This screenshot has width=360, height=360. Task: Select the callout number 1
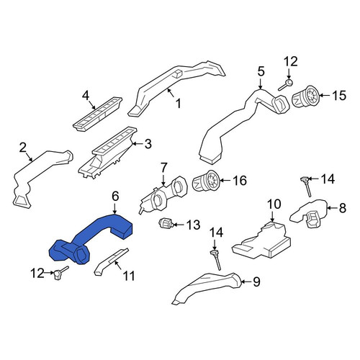point(178,104)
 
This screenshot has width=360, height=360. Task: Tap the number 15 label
point(339,96)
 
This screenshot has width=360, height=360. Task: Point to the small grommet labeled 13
point(165,223)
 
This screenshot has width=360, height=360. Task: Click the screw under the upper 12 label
point(285,86)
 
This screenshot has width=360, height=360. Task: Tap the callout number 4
point(86,96)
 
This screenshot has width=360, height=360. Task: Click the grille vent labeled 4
point(97,114)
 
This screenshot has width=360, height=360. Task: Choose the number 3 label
point(148,144)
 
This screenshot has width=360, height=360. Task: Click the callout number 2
point(22,148)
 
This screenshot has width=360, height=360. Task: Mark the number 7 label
point(163,168)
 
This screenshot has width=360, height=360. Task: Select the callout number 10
point(274,204)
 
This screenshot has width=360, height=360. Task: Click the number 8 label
point(343,208)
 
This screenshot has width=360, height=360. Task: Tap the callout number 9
point(256,282)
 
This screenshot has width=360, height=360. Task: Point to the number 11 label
point(129,276)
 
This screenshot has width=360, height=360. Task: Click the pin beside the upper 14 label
point(307,186)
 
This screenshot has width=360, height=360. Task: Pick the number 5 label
point(261,71)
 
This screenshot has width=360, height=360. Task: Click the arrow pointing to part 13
point(178,225)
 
